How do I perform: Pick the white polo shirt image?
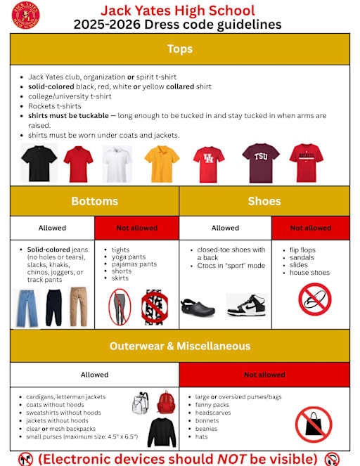pos(117,164)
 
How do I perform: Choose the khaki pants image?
pos(79,308)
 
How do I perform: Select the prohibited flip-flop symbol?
pos(314,299)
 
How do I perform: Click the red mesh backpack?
pos(166,403)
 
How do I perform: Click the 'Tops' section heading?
pos(179,49)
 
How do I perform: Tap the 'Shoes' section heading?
pos(264,201)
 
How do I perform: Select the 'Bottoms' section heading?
pos(94,201)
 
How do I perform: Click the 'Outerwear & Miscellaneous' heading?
pos(179,346)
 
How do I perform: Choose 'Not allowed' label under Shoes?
pos(310,228)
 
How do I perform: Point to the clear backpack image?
pos(141,403)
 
